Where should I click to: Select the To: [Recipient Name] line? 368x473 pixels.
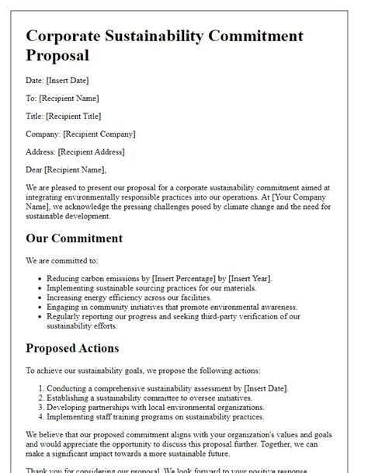tap(62, 98)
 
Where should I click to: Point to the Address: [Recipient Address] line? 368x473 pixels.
tap(75, 151)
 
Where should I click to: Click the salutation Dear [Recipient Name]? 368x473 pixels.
tap(66, 169)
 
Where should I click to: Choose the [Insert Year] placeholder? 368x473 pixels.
tap(243, 278)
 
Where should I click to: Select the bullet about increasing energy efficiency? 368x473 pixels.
tap(128, 297)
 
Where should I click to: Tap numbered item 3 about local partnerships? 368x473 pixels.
tap(155, 407)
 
